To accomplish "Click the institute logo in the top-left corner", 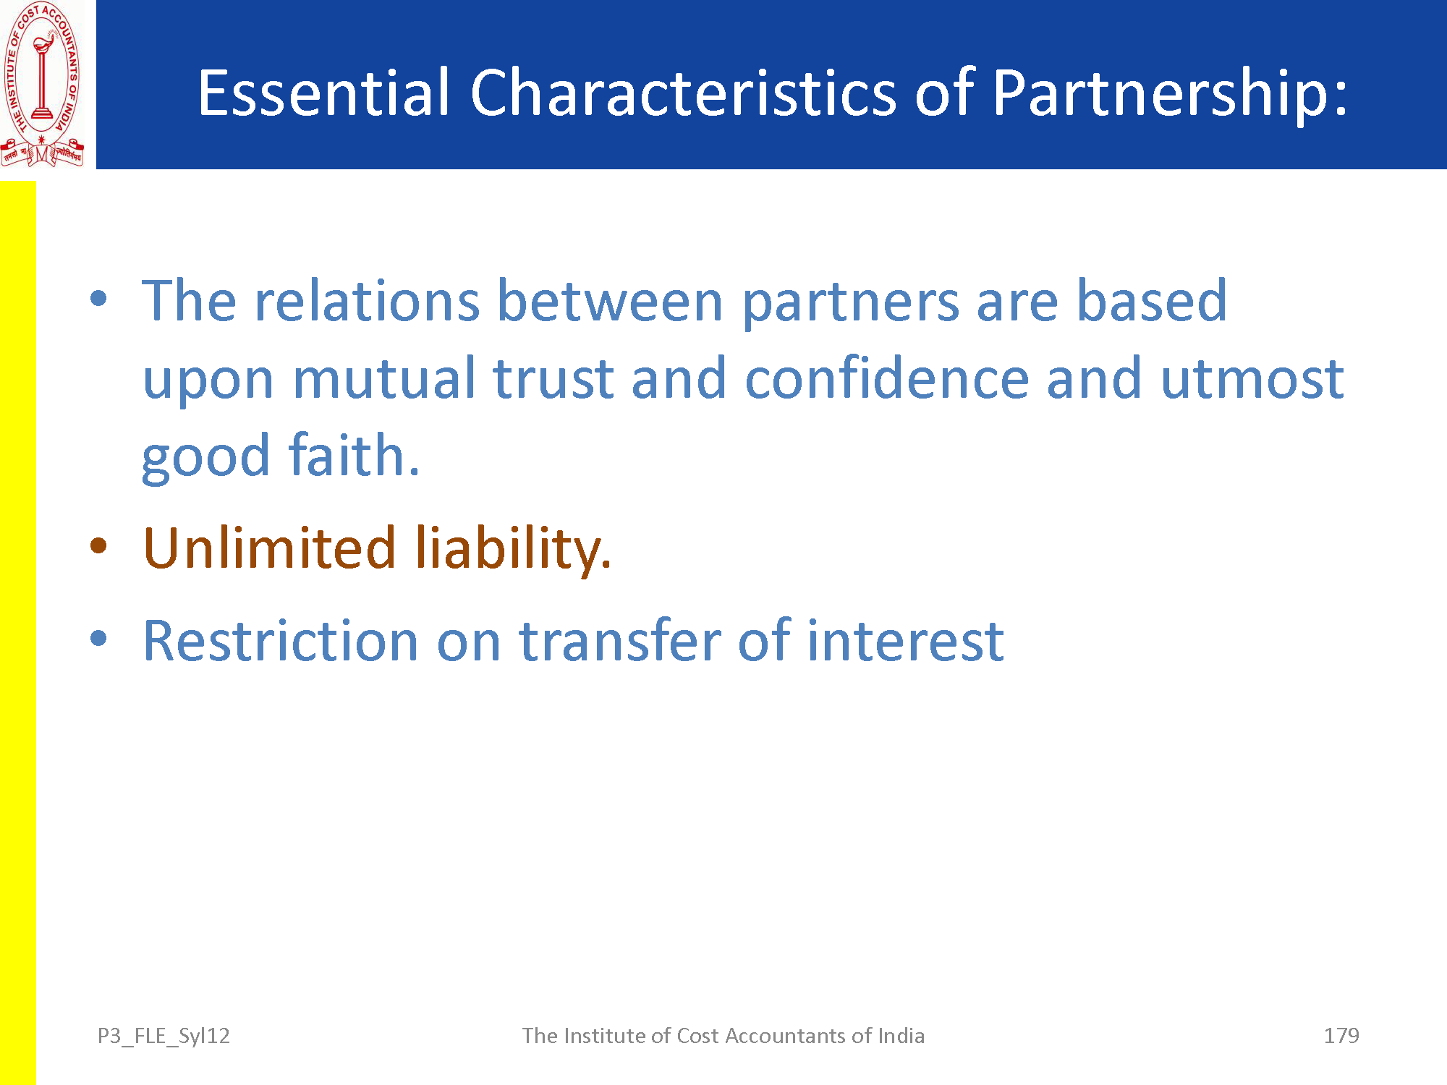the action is [x=43, y=84].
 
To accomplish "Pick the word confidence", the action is [x=887, y=378].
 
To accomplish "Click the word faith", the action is [x=354, y=455].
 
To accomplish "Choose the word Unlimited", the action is [x=270, y=548].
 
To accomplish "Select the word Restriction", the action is [x=281, y=641].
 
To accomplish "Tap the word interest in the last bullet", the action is [x=906, y=641].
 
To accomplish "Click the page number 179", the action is [x=1341, y=1036].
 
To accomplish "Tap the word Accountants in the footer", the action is [x=785, y=1036].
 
